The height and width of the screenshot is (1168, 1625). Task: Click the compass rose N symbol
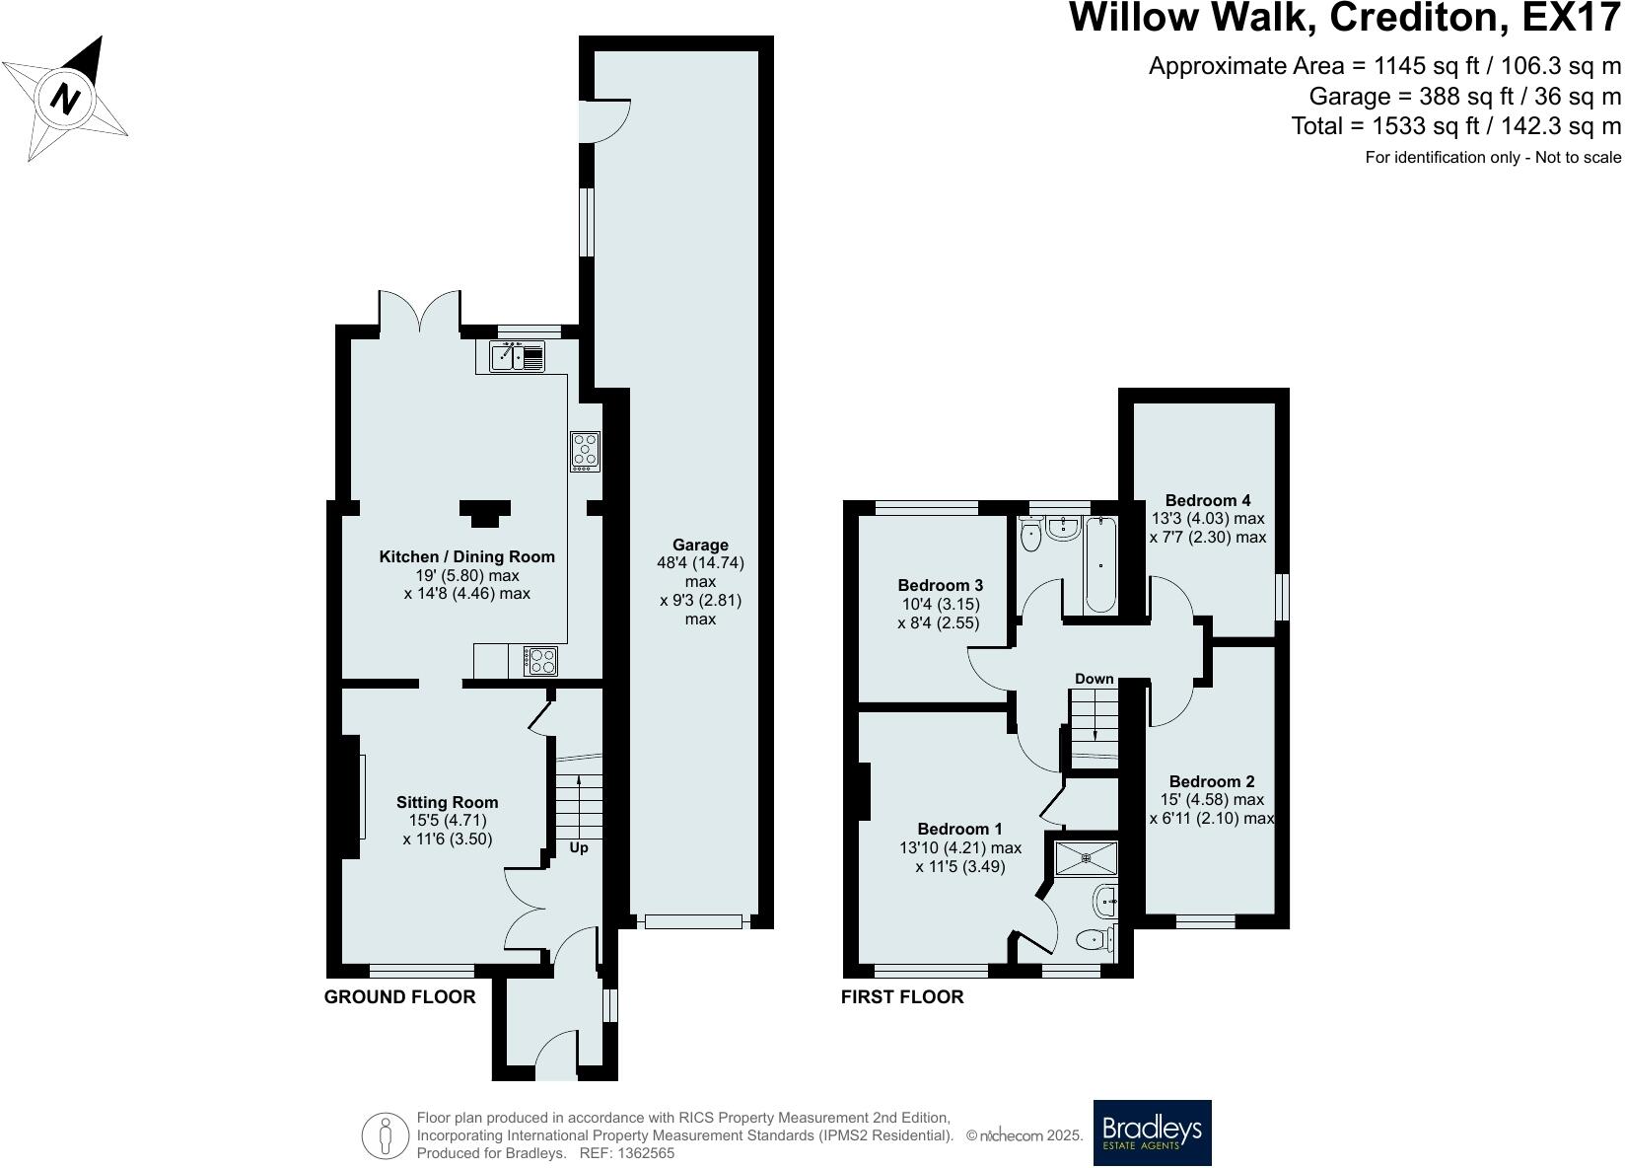[65, 99]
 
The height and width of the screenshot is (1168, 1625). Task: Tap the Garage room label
[700, 545]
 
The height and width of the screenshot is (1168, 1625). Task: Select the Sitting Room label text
[447, 802]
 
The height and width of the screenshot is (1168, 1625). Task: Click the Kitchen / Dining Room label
[466, 556]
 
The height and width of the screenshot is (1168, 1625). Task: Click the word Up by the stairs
[579, 847]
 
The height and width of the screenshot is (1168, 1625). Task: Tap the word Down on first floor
[1094, 679]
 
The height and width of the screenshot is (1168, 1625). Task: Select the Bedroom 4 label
[1207, 500]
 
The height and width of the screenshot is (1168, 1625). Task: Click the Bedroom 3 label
[940, 585]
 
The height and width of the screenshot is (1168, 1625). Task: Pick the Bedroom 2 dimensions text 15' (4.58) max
[1212, 800]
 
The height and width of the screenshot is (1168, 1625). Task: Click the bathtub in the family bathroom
[1100, 564]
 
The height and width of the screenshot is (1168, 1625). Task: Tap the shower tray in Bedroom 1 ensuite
[1086, 857]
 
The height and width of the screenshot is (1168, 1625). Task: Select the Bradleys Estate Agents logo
[1152, 1131]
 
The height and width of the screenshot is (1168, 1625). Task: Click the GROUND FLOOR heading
[399, 996]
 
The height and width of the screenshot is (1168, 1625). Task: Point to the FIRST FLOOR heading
[901, 996]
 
